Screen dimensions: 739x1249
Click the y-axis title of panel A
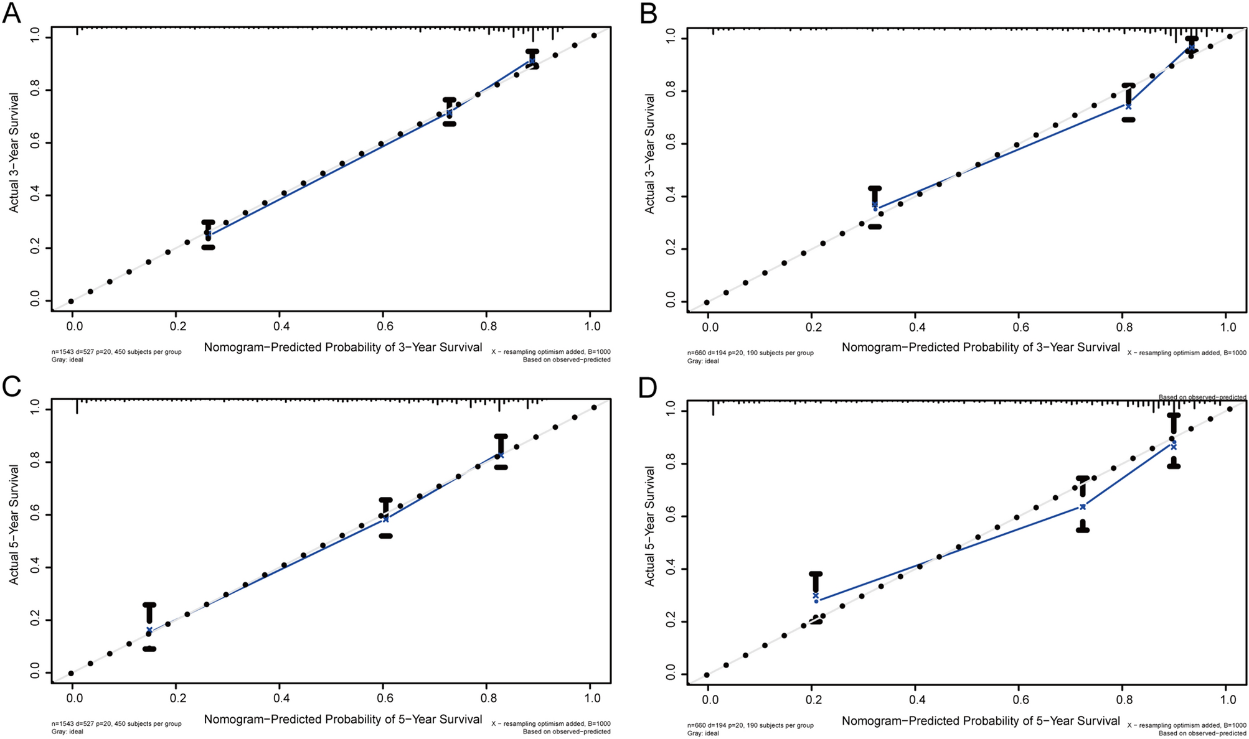[14, 153]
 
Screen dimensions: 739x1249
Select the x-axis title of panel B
[981, 347]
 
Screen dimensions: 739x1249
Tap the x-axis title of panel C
[343, 719]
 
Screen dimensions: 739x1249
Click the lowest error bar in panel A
[208, 235]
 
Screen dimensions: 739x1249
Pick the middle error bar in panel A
[450, 111]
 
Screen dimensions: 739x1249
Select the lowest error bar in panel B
[875, 207]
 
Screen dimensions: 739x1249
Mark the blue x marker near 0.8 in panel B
[1128, 106]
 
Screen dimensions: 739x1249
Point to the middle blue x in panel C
[385, 519]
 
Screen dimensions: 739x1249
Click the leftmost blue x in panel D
[816, 595]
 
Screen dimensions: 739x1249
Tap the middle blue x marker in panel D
[1083, 506]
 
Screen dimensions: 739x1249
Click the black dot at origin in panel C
[71, 673]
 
